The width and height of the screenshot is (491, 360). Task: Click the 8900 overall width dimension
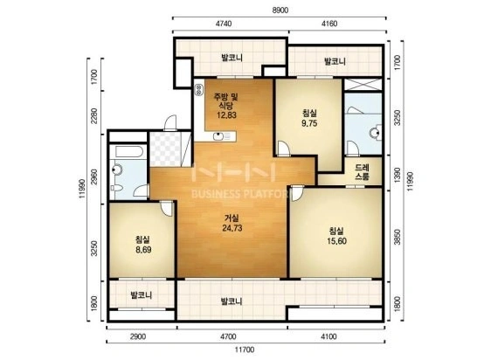pos(280,10)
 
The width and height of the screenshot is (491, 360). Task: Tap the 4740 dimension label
pos(224,24)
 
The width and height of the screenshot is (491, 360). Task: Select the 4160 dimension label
pos(329,24)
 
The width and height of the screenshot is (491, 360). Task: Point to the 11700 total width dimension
pos(245,350)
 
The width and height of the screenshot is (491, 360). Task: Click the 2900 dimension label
pos(138,336)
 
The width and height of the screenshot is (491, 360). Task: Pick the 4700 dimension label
pos(228,336)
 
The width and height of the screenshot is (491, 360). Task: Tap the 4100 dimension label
pos(328,336)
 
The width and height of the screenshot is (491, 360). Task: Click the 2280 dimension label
pos(94,116)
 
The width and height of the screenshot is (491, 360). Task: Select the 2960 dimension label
pos(94,177)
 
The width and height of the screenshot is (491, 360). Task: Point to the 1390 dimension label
pos(397,176)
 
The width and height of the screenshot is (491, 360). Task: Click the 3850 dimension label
pos(397,237)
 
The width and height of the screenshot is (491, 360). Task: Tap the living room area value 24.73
pos(232,228)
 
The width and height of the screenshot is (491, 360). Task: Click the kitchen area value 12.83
pos(226,115)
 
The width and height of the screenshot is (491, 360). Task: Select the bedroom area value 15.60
pos(336,241)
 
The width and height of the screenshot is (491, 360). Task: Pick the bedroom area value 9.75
pos(309,123)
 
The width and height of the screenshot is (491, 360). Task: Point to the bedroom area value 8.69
pos(143,250)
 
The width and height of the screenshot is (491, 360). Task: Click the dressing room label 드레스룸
pos(362,172)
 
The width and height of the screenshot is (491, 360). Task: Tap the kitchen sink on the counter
pos(218,136)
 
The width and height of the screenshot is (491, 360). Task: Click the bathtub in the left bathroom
pos(129,152)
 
